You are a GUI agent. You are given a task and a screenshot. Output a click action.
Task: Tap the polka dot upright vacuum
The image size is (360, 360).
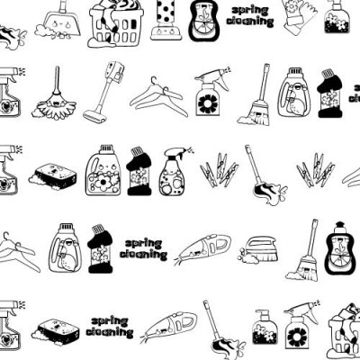tap(166, 20)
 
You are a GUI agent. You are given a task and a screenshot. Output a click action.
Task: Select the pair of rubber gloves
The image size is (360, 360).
tap(300, 16)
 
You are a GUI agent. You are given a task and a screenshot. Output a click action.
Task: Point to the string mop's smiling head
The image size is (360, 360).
tap(55, 104)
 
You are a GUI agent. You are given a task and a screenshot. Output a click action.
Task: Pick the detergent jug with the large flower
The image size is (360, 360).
tap(103, 170)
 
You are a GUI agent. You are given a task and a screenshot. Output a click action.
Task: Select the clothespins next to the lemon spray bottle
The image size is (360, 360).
tap(220, 170)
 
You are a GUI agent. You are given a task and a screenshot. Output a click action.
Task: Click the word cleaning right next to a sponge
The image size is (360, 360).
tap(110, 331)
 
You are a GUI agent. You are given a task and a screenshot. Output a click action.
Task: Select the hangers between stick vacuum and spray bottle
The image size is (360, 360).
tap(158, 96)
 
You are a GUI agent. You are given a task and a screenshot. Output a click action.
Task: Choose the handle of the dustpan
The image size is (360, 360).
tap(64, 6)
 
